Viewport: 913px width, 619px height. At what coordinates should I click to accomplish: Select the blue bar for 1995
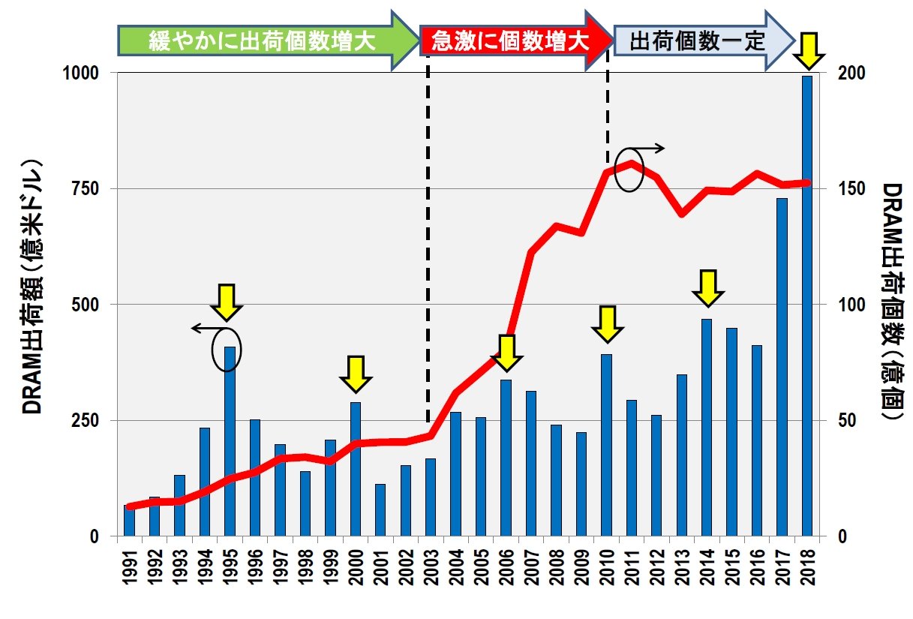(x=230, y=443)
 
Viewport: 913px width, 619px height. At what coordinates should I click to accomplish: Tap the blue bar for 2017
(x=782, y=368)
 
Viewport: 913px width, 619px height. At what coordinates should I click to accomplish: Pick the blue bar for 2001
(x=380, y=510)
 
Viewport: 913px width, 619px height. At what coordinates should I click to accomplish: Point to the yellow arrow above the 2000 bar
(x=356, y=374)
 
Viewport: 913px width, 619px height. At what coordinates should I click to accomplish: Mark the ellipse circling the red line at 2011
(x=629, y=170)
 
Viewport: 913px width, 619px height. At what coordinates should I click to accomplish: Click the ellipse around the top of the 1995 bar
(x=227, y=350)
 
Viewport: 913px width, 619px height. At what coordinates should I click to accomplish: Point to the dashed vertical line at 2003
(x=428, y=248)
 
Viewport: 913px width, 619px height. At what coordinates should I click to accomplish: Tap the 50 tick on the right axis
(x=835, y=420)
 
